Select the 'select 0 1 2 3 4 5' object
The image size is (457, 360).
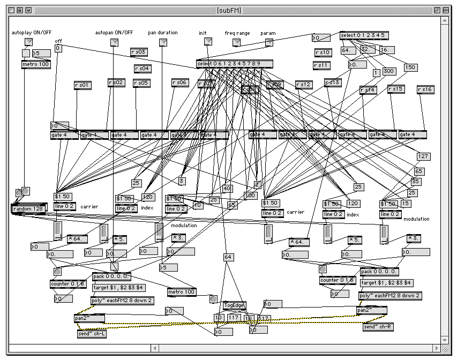[364, 36]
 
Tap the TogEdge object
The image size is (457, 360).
[234, 305]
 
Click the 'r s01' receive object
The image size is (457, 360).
[83, 85]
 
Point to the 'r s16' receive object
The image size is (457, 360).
[425, 89]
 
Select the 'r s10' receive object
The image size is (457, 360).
[323, 52]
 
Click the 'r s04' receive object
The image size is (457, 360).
[143, 69]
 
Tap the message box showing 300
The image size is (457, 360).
[389, 71]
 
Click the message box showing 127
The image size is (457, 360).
[423, 156]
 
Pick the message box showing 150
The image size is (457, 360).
[410, 67]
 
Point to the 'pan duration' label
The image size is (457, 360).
[163, 33]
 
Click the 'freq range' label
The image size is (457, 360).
[237, 33]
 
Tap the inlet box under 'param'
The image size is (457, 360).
[269, 42]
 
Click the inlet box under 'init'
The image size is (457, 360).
[203, 42]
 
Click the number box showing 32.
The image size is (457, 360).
[366, 49]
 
